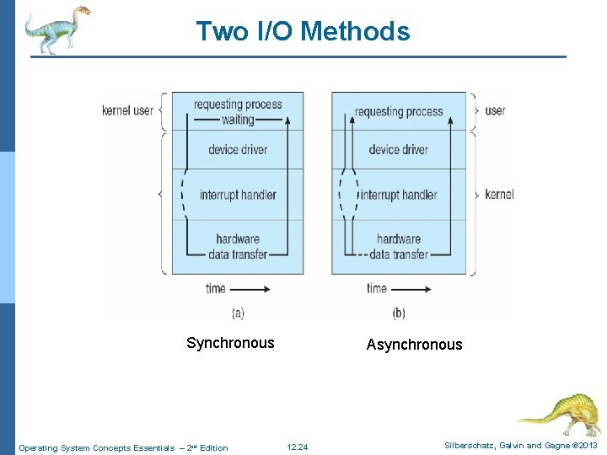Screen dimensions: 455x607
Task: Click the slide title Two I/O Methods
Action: point(303,31)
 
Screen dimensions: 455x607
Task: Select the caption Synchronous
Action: point(230,343)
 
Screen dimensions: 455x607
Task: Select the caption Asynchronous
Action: point(414,345)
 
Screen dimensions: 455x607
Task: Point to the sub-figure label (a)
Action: point(238,313)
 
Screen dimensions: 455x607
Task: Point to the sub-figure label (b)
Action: point(399,313)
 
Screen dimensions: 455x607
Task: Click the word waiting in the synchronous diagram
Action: point(238,120)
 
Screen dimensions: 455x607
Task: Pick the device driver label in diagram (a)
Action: point(238,150)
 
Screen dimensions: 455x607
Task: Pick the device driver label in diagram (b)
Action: point(398,150)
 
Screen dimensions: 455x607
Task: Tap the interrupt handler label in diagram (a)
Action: point(238,195)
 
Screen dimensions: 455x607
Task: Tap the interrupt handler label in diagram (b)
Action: point(399,195)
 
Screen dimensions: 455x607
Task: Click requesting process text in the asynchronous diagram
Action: point(399,111)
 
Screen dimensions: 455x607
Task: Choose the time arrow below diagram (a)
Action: point(250,289)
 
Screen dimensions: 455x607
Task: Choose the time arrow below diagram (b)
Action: point(411,289)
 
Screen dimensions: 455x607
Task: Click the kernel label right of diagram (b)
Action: point(499,195)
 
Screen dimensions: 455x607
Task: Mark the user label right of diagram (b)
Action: point(495,110)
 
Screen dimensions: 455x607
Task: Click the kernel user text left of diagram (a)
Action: point(127,110)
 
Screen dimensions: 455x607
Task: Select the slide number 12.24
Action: point(298,447)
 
